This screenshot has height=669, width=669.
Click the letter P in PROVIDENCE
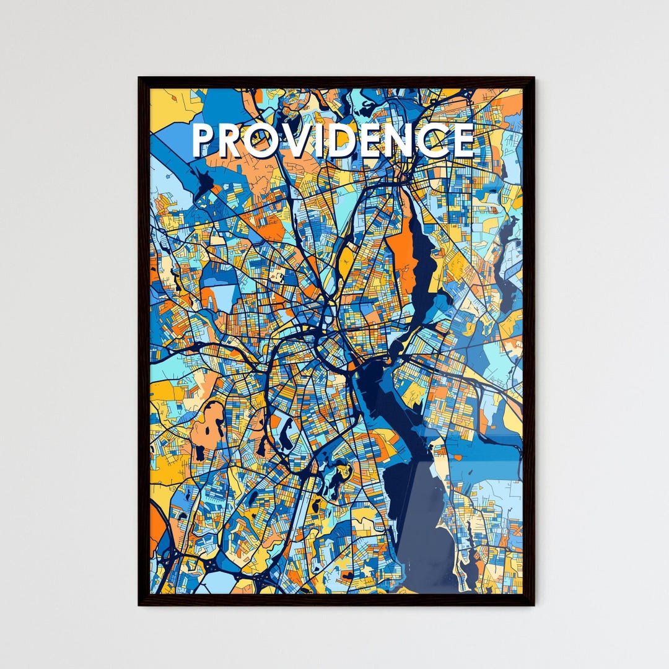click(203, 141)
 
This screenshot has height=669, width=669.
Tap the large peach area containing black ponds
click(208, 427)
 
